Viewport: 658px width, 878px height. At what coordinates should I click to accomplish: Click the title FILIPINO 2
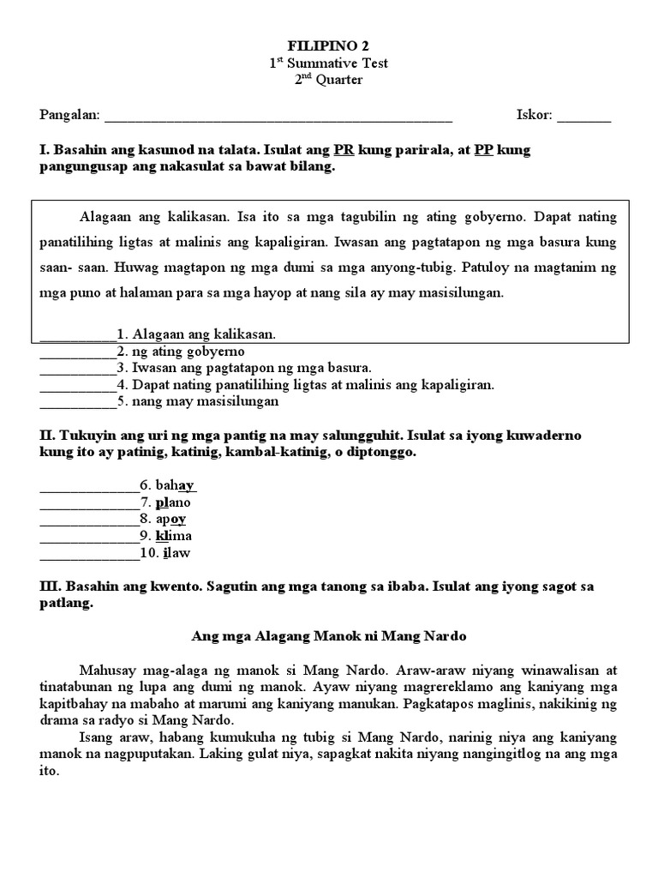tap(330, 45)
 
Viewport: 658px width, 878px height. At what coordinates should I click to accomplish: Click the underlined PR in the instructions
tap(344, 149)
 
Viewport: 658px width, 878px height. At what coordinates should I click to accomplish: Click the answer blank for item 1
tap(77, 336)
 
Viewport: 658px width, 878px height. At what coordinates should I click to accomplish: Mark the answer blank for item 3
tap(77, 369)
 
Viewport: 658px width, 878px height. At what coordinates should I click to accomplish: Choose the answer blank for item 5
tap(77, 401)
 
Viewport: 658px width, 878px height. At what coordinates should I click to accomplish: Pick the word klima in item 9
tap(174, 536)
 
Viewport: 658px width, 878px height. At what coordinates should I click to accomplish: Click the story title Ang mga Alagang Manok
tap(329, 637)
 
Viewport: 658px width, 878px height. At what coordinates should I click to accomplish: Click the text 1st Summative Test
tap(329, 63)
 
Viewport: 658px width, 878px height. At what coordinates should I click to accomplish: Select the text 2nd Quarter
tap(329, 80)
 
